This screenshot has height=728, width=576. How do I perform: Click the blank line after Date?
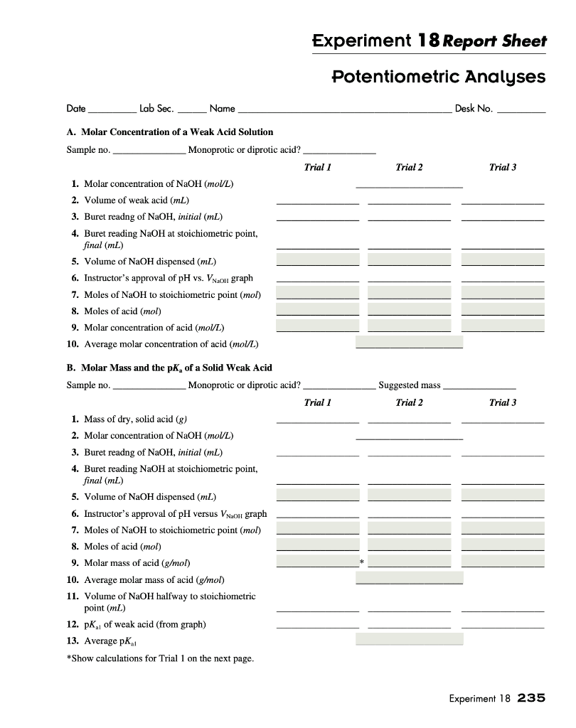tap(112, 110)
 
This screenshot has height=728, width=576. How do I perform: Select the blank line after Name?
tap(344, 110)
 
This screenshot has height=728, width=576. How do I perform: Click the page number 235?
tap(531, 698)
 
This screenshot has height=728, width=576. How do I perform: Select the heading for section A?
tap(170, 132)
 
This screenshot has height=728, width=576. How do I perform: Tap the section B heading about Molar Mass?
tap(169, 368)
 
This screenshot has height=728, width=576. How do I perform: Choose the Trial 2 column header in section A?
tap(409, 167)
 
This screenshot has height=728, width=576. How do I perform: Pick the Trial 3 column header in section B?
tap(502, 402)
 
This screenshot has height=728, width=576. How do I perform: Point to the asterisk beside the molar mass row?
tap(363, 562)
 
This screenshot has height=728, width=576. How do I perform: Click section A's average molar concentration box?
tap(409, 343)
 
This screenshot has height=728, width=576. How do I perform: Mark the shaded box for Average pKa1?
tap(409, 639)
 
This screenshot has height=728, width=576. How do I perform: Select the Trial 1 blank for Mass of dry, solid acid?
tap(317, 419)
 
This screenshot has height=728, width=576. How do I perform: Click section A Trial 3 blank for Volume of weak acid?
tap(502, 200)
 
